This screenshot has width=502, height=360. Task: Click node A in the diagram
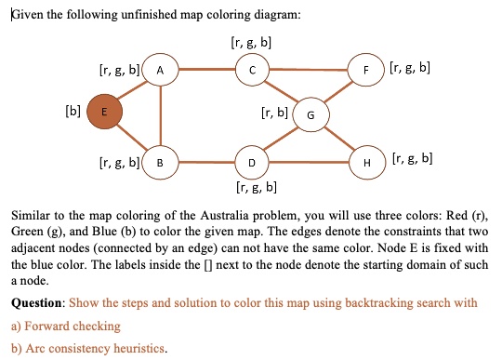pos(161,70)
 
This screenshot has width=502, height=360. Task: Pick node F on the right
pos(365,70)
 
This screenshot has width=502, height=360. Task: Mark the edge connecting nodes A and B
pos(160,116)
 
